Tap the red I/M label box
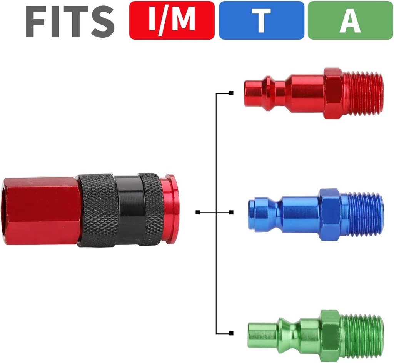pos(172,20)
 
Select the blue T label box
pos(261,20)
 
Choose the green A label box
pos(350,20)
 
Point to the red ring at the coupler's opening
pos(169,209)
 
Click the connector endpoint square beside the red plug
pos(231,93)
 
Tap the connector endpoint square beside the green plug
pos(231,333)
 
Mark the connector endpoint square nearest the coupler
pos(198,212)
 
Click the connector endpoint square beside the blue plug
pos(231,212)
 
